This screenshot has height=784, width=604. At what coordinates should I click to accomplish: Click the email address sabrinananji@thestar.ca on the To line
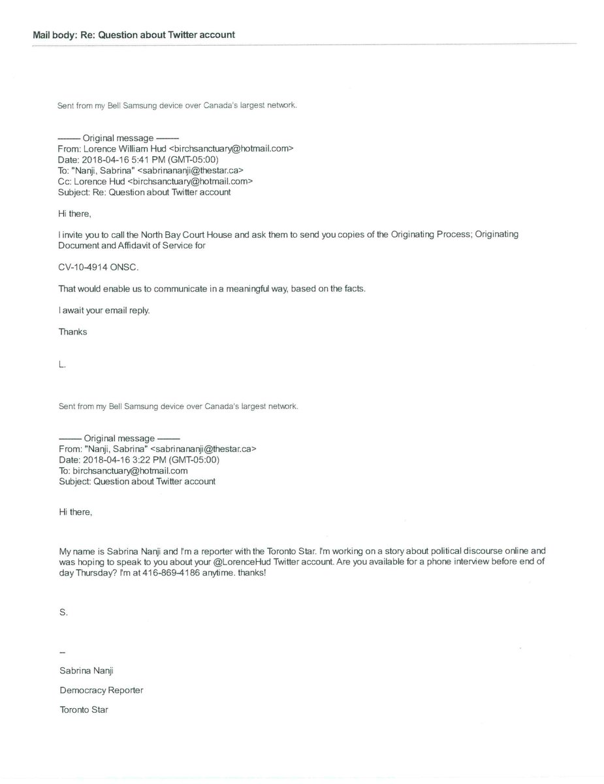177,171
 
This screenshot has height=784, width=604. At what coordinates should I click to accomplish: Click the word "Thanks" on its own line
72,331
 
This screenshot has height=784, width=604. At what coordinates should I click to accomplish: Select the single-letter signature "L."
62,365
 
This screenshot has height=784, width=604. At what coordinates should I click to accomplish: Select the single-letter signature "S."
63,613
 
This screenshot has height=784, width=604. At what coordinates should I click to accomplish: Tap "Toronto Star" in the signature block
83,709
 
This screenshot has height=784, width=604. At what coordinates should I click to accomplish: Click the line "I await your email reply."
104,310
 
